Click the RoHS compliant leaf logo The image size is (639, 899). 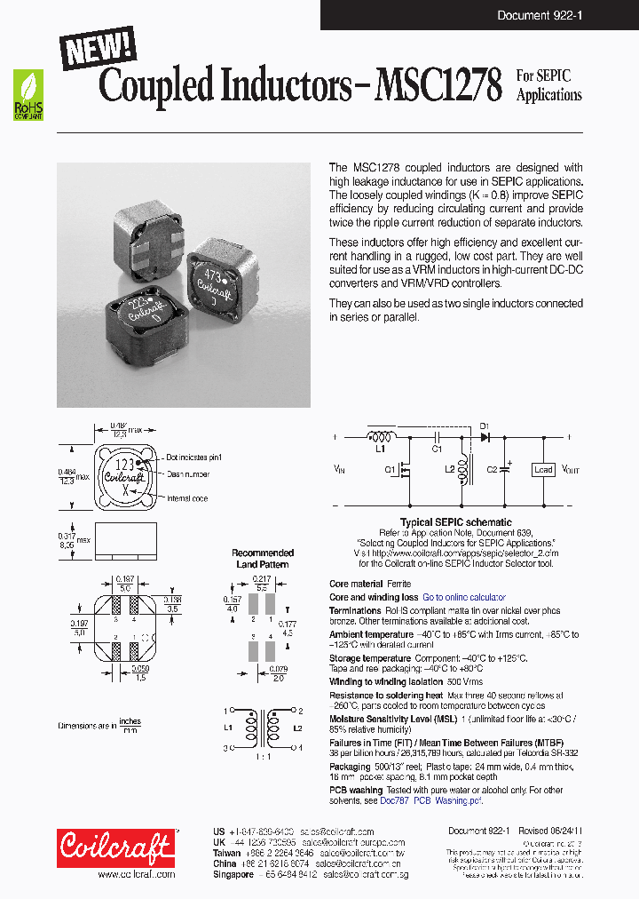[29, 95]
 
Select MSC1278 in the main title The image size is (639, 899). [438, 86]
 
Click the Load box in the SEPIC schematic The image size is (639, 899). [543, 470]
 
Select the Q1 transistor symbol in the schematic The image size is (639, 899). [406, 470]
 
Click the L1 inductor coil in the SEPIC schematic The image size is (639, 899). [383, 438]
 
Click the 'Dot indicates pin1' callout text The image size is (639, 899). [195, 457]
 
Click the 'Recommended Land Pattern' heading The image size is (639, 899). [263, 558]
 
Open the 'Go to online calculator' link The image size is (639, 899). [464, 598]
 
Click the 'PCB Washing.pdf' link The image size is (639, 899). [448, 800]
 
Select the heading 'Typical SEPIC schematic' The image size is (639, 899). [455, 523]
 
